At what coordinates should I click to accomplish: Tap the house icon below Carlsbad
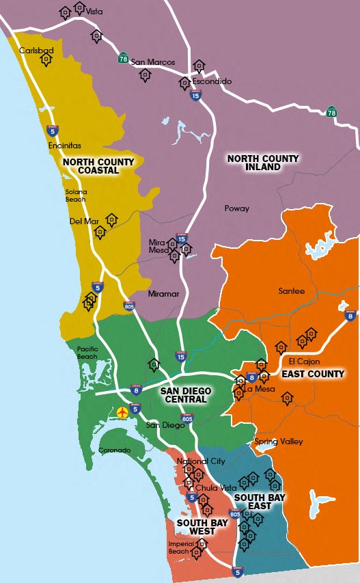coord(46,60)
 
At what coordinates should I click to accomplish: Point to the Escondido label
coord(212,81)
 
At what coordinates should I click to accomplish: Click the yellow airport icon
coord(123,412)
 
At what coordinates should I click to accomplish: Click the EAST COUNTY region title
coord(313,374)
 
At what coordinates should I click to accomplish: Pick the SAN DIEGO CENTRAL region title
coord(186,396)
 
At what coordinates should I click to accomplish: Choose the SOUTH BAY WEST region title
coord(197,526)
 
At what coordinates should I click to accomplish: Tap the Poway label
coord(237,208)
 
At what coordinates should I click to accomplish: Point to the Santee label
coord(292,291)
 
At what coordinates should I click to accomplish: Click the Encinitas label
coord(65,146)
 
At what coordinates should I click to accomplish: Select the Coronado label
coord(114,450)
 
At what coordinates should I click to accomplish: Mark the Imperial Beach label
coord(180,547)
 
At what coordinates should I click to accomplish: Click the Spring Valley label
coord(279,442)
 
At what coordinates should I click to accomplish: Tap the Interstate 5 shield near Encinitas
coord(53,129)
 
